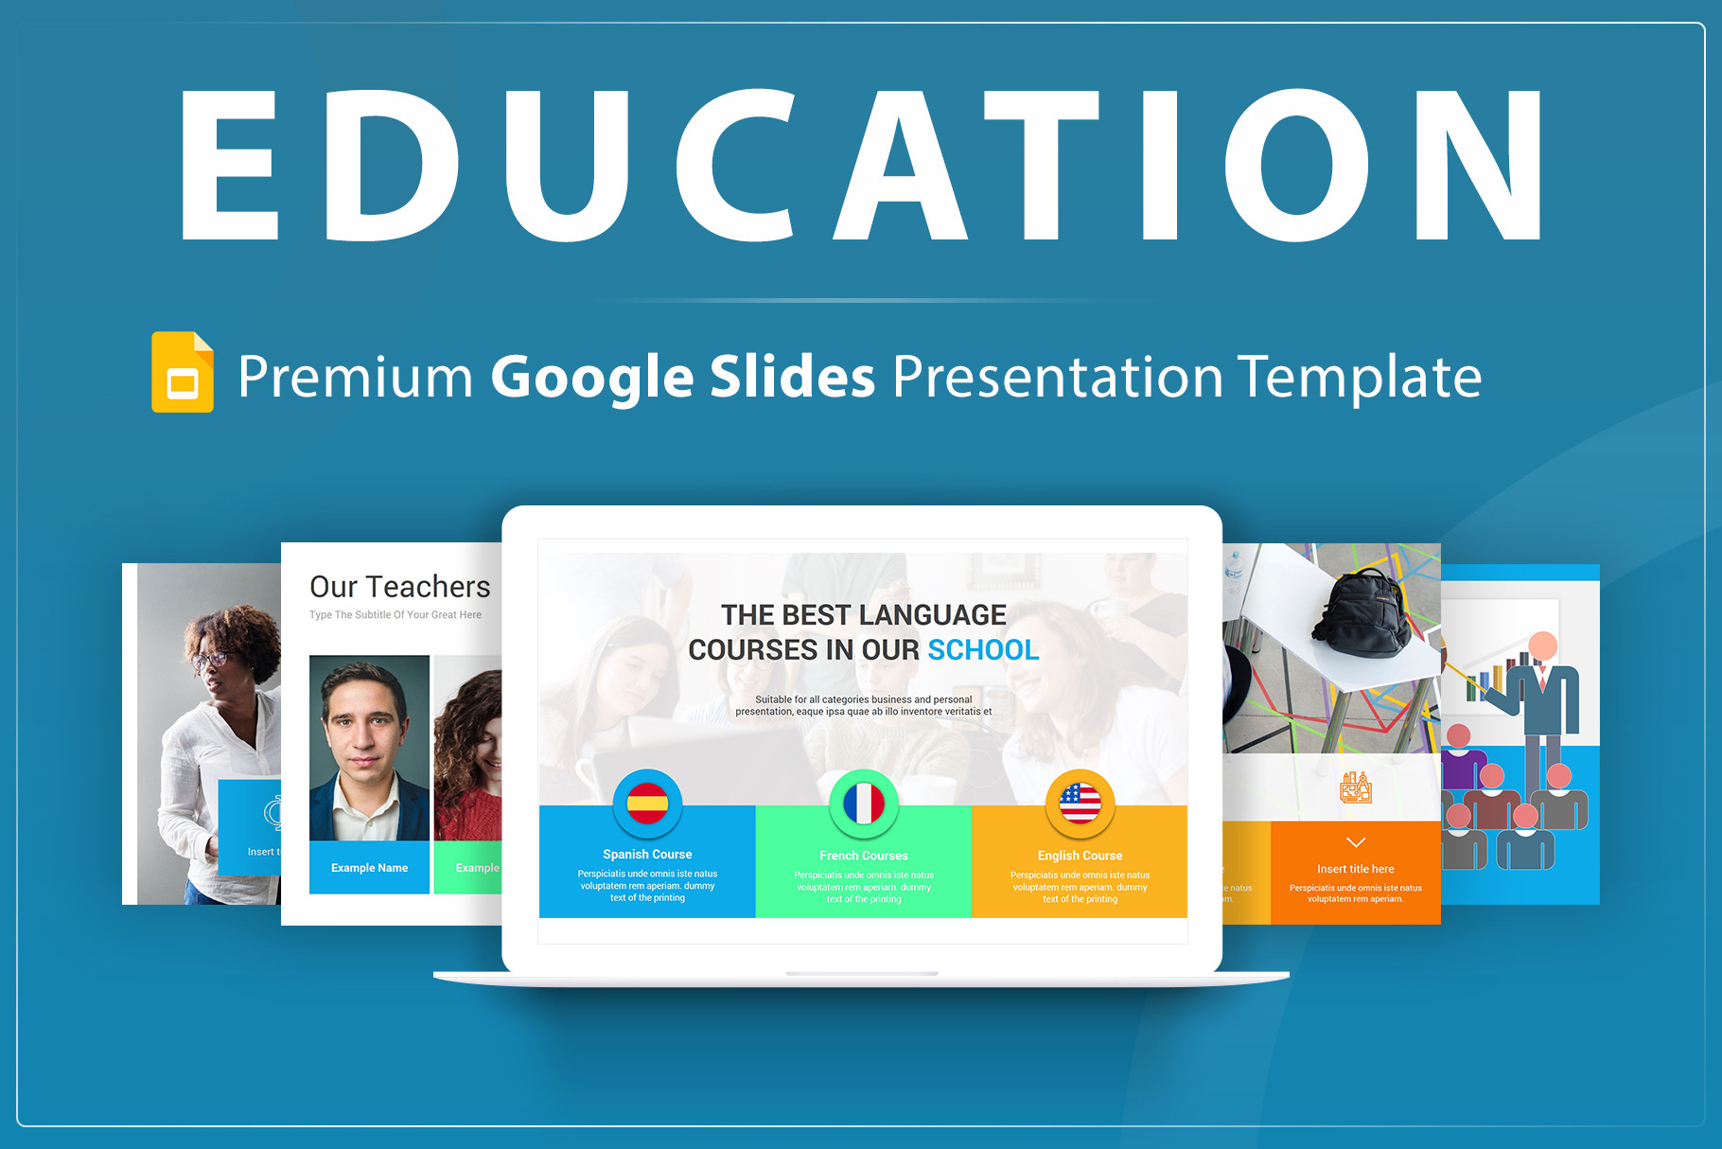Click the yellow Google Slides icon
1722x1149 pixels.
click(183, 372)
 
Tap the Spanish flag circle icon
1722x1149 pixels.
click(647, 804)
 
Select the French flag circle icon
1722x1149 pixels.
click(863, 804)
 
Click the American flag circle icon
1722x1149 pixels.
click(1080, 804)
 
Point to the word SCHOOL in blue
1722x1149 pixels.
click(983, 650)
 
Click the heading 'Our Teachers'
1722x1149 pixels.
click(399, 587)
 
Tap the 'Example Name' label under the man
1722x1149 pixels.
click(369, 868)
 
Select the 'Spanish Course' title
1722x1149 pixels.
click(647, 854)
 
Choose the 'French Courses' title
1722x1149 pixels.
click(863, 855)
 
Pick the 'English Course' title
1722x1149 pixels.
click(1080, 855)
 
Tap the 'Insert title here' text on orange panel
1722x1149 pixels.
click(1355, 869)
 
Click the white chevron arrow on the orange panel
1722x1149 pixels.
click(1355, 842)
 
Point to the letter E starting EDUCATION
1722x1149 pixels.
click(230, 166)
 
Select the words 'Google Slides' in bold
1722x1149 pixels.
click(682, 377)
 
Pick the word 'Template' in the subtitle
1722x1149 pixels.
click(1360, 377)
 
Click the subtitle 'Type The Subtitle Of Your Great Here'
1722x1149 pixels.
click(395, 615)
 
